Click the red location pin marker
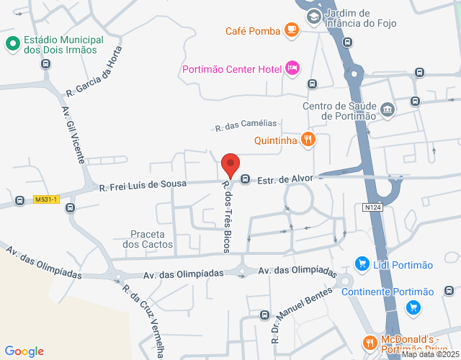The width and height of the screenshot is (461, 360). [230, 166]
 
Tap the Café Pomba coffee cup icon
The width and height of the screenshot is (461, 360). [291, 30]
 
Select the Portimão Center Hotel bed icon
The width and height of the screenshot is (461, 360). [292, 68]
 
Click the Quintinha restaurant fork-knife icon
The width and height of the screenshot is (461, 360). [308, 140]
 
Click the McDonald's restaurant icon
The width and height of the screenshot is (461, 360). [370, 343]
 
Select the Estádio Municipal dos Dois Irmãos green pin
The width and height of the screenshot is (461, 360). [12, 45]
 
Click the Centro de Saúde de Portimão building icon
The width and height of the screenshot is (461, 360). [388, 109]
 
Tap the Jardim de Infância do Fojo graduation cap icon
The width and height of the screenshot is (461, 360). [314, 16]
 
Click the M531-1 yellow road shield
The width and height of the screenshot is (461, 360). [46, 199]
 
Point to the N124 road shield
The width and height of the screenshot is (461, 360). [371, 207]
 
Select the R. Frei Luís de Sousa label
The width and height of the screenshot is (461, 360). [143, 186]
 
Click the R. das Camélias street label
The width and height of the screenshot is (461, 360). [246, 126]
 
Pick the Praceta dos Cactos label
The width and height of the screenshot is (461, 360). [148, 239]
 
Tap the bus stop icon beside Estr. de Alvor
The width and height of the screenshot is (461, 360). [245, 179]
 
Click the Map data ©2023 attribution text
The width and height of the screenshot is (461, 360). [429, 354]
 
